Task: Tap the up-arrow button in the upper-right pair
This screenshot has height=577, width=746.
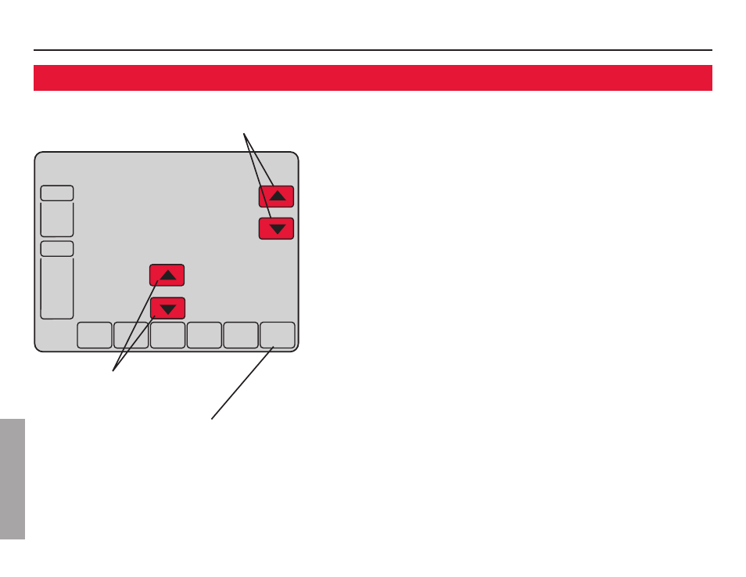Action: (276, 197)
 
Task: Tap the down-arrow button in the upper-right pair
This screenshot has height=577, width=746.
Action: (276, 229)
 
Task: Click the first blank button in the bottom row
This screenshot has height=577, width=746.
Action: (94, 335)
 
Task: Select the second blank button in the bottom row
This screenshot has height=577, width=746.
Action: (131, 335)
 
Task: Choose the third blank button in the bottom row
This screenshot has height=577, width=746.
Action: (167, 335)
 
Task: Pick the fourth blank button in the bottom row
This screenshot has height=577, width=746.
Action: (204, 335)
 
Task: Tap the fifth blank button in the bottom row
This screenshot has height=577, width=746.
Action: (241, 335)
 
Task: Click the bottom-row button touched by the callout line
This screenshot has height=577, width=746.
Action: (278, 335)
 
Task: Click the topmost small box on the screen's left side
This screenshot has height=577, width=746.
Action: (57, 193)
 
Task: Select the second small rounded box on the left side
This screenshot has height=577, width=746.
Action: (57, 249)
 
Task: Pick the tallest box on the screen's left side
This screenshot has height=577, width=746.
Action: (57, 288)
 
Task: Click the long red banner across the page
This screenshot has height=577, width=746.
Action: (372, 78)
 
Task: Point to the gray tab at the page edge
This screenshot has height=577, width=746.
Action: (13, 478)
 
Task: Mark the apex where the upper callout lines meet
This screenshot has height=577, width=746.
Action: (245, 132)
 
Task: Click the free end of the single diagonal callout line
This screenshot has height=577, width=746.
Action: (211, 419)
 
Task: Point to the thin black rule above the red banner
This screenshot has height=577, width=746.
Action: (372, 51)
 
